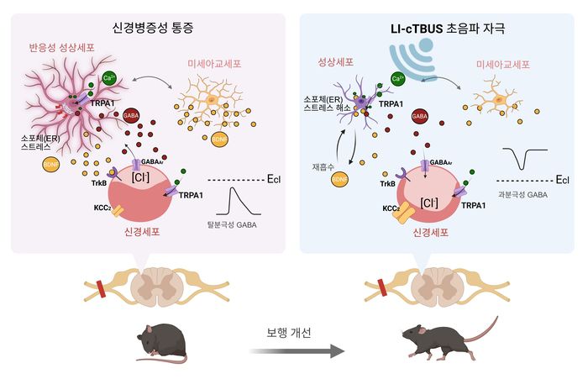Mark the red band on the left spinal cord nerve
tap(102, 289)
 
